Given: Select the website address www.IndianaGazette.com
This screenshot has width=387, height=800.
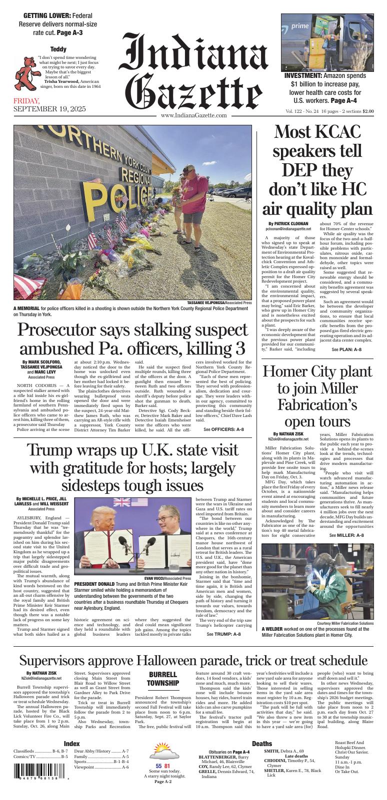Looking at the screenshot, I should coord(194,115).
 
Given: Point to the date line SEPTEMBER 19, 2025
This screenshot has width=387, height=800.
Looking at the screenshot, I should coord(49,109).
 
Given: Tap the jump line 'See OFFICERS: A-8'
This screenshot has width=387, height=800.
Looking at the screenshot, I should coord(224,429).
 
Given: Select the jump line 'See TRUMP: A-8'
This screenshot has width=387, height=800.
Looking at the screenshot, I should coord(223,634).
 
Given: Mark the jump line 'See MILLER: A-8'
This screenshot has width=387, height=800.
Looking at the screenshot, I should coord(346,535).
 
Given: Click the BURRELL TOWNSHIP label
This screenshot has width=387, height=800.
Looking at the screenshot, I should coord(163,679).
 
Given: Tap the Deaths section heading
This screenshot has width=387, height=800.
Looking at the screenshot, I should coord(262,744).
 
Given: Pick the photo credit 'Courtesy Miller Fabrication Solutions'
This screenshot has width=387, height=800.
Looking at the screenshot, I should coord(345,623).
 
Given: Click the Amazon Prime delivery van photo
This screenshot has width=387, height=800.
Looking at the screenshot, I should coord(327,42).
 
